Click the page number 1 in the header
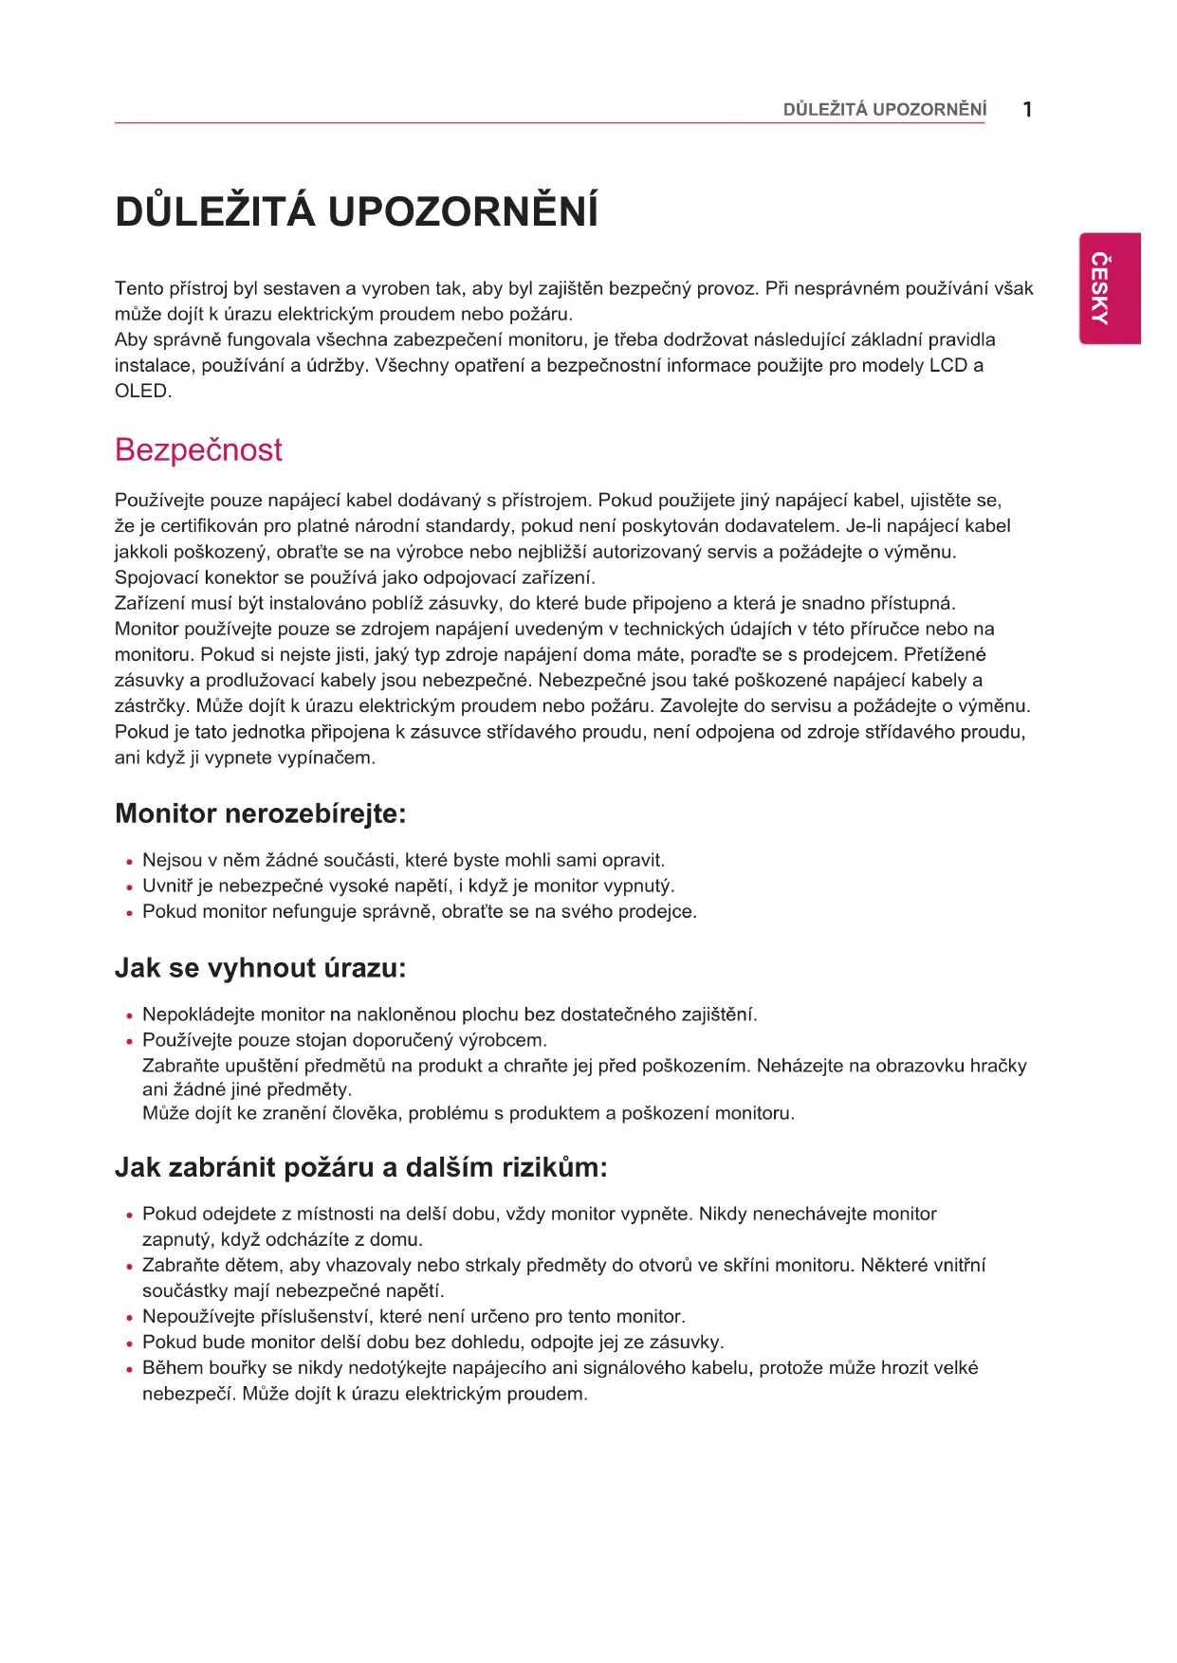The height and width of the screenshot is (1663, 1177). coord(1027,109)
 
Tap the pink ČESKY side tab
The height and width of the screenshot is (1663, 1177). coord(1109,288)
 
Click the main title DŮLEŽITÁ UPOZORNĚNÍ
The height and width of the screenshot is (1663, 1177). coord(357,211)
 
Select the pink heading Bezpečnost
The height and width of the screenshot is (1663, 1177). coord(198,449)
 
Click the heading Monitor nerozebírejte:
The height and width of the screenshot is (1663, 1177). coord(260,813)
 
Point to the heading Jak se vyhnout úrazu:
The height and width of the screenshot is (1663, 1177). coord(260,968)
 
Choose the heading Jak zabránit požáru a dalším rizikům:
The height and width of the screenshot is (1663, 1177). coord(360,1167)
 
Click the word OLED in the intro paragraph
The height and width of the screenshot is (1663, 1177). coord(141,391)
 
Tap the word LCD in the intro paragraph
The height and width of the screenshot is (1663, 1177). coord(947,365)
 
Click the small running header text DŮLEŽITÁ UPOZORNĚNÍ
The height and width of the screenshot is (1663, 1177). coord(884,110)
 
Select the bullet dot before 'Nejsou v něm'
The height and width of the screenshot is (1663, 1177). coord(129,862)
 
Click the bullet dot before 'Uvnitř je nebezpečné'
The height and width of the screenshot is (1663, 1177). coord(129,887)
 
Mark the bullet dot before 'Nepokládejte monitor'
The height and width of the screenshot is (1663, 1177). coord(129,1016)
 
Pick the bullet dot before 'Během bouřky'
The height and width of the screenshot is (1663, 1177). coord(129,1369)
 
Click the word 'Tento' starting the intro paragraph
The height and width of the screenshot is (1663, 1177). coord(138,288)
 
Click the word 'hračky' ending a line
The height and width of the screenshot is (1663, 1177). coord(998,1066)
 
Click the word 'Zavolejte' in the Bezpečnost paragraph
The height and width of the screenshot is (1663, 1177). coord(699,705)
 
